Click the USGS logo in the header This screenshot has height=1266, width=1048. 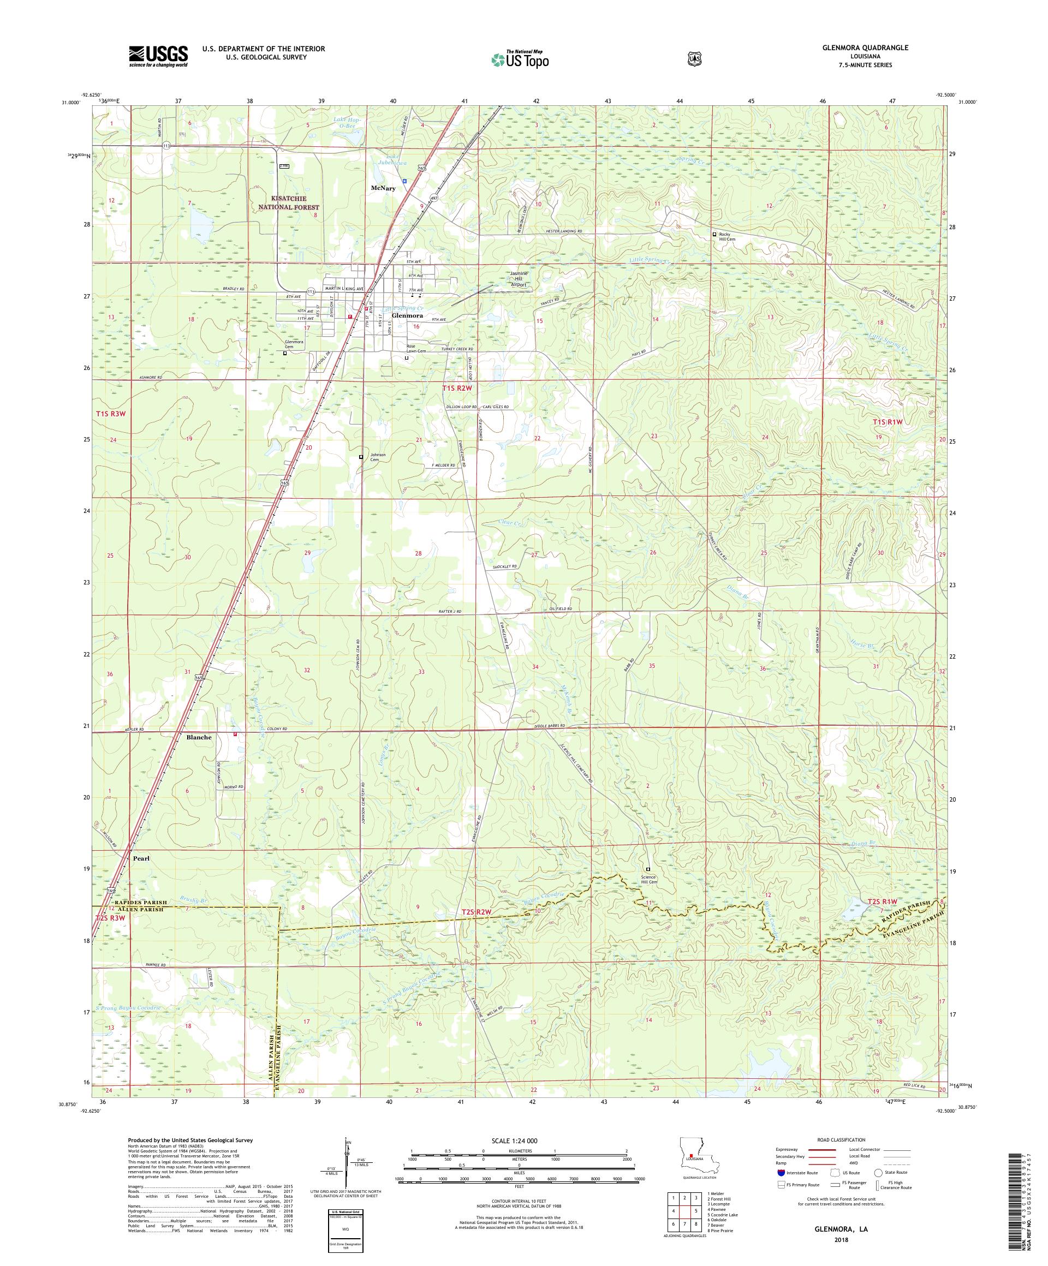click(157, 56)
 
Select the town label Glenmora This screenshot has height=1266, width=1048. click(407, 315)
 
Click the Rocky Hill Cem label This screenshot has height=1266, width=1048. click(727, 236)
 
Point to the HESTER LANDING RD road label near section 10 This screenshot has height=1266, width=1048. click(560, 231)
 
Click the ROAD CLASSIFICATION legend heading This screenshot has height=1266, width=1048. click(841, 1140)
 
